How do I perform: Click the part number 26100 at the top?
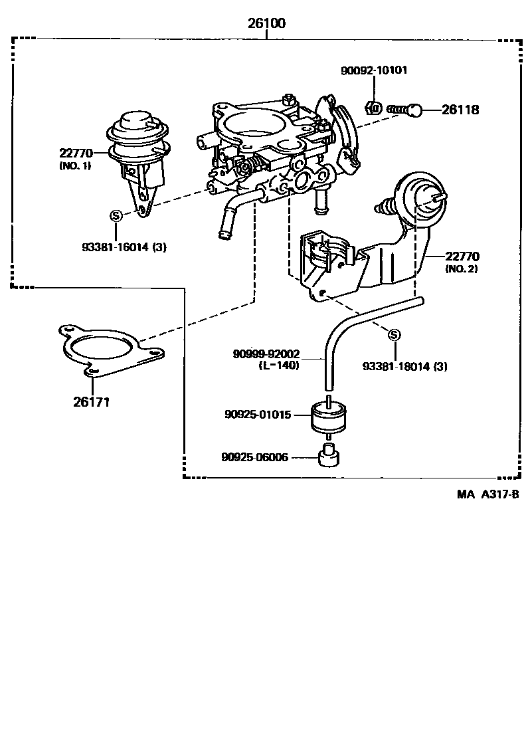tap(266, 24)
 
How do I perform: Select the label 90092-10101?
tap(374, 70)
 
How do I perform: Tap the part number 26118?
tap(460, 110)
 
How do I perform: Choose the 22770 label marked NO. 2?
tap(462, 256)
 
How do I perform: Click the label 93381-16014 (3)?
tap(124, 247)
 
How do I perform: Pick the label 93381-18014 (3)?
tap(404, 366)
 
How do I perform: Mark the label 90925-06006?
tap(256, 457)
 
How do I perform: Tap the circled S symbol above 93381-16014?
tap(116, 215)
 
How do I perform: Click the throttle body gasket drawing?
tap(110, 351)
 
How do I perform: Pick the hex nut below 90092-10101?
tap(374, 107)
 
